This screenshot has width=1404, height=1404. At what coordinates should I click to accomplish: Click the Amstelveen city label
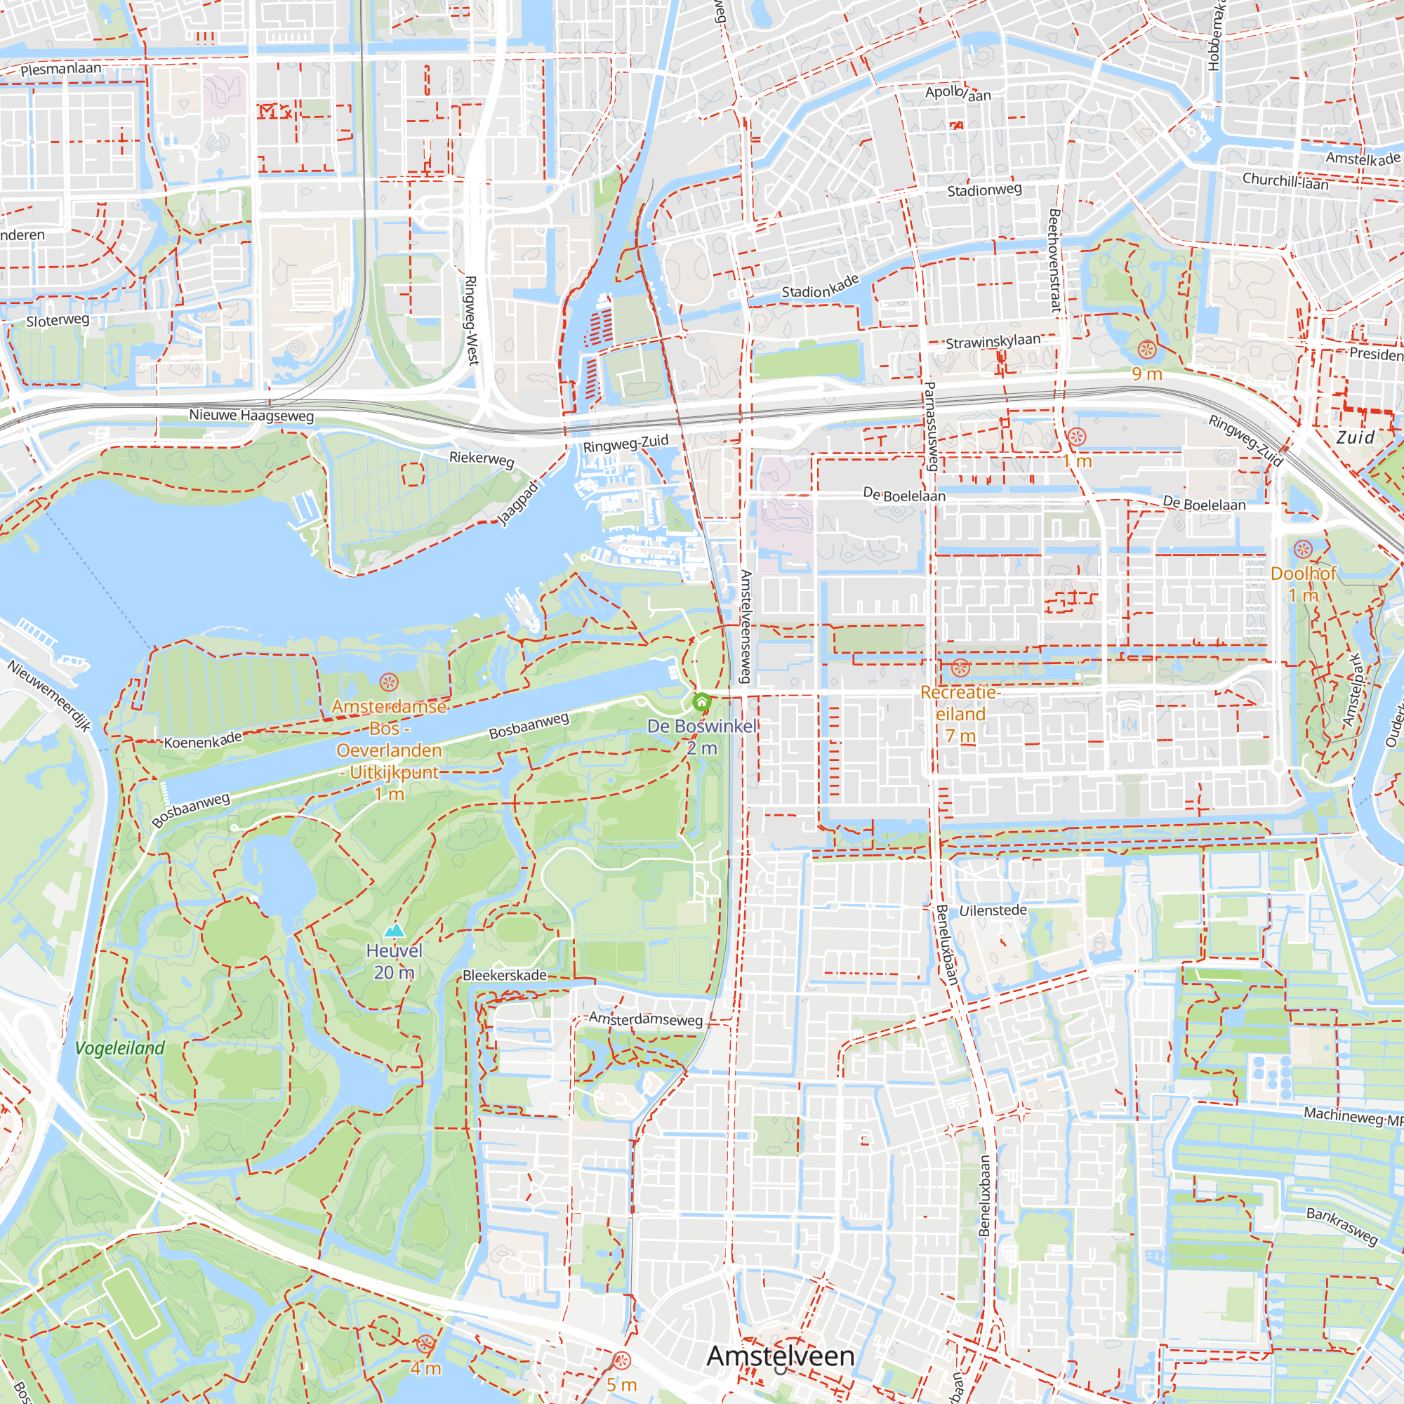[781, 1356]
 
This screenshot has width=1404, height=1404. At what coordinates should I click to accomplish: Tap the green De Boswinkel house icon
[701, 702]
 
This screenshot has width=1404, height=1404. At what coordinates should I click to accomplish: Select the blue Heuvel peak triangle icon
[394, 930]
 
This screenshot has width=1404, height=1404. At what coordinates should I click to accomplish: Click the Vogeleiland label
[120, 1048]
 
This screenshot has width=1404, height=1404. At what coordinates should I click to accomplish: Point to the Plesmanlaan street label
[61, 69]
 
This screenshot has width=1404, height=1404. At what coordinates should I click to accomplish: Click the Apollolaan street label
[958, 93]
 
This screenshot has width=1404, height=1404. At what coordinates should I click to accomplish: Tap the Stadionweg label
[984, 190]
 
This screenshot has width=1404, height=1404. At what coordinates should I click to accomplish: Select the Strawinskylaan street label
[993, 341]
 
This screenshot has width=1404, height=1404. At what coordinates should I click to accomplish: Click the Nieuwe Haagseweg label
[251, 416]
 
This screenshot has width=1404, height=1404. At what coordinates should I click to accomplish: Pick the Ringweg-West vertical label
[471, 319]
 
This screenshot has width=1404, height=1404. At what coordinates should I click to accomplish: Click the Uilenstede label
[993, 910]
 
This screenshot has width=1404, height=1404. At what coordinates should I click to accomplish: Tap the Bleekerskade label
[504, 975]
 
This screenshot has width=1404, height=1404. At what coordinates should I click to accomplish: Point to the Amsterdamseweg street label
[645, 1019]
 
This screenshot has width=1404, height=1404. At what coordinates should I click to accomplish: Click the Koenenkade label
[203, 740]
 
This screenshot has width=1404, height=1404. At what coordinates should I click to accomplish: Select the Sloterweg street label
[58, 321]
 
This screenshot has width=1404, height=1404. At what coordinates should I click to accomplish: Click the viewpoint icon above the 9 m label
[1147, 350]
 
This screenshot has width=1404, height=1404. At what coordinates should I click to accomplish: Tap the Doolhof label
[1303, 574]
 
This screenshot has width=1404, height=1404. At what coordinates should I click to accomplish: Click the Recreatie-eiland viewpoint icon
[960, 667]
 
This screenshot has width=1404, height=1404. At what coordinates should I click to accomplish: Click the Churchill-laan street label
[1285, 180]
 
